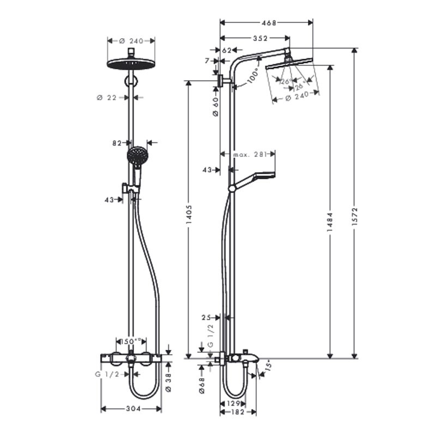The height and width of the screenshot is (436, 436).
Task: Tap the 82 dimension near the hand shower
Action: (x=116, y=143)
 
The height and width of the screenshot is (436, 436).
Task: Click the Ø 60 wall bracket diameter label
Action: (x=215, y=106)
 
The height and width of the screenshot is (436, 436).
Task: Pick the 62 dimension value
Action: (x=227, y=50)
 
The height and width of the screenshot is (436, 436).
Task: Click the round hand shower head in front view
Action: (x=137, y=156)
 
